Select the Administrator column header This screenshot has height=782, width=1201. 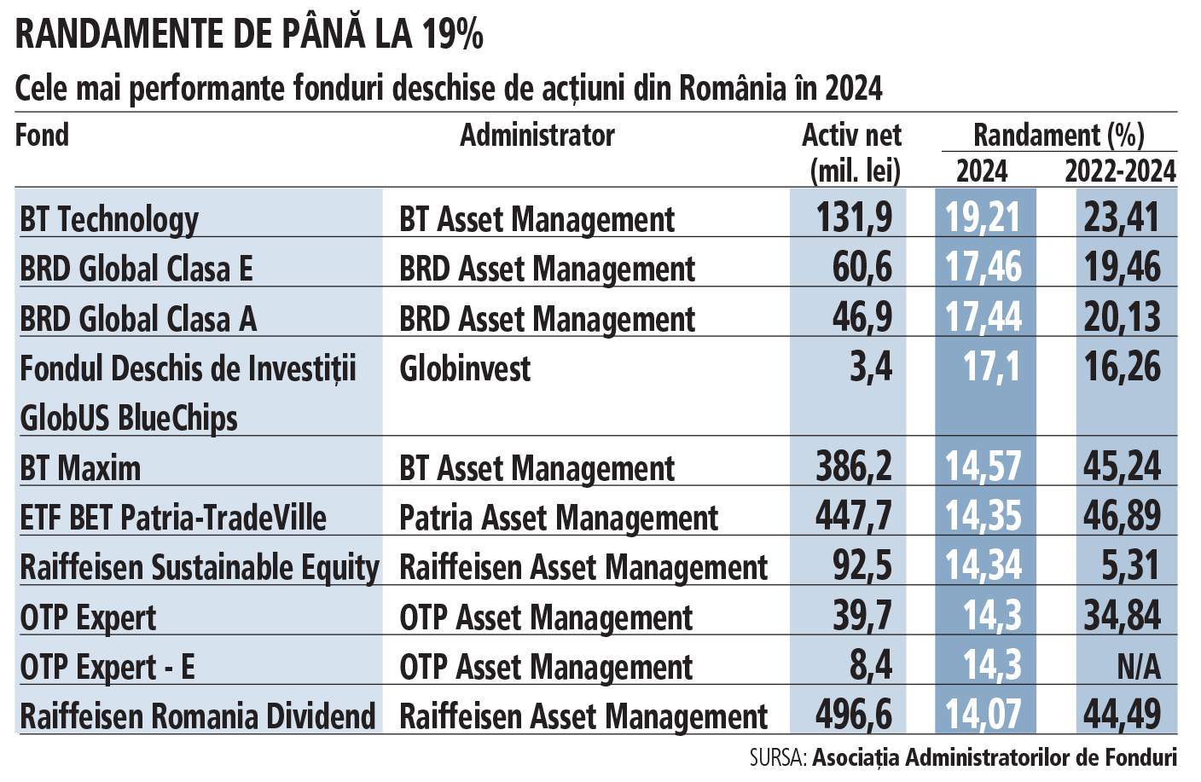(x=537, y=135)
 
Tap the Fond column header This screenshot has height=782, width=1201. (x=42, y=135)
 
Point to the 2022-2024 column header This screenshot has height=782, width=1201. (x=1120, y=171)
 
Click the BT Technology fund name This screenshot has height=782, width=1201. (x=109, y=220)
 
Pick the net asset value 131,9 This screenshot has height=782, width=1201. (x=854, y=217)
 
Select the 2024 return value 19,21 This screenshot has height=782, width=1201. (x=983, y=217)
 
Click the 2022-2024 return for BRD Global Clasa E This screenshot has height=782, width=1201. (x=1122, y=268)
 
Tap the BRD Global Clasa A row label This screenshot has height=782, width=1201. (x=138, y=318)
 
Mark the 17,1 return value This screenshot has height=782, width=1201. (x=991, y=368)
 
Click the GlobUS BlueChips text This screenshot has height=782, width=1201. (x=129, y=418)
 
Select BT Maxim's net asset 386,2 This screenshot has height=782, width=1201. (x=854, y=466)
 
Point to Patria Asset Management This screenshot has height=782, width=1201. (x=559, y=518)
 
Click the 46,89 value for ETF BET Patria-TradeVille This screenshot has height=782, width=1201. (x=1122, y=516)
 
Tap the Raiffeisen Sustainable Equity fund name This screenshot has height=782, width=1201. (x=200, y=568)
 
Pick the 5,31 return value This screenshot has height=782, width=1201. (x=1131, y=565)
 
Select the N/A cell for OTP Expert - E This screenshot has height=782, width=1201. (x=1139, y=667)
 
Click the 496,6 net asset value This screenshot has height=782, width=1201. (x=854, y=715)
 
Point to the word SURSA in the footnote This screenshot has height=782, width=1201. (x=778, y=758)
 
